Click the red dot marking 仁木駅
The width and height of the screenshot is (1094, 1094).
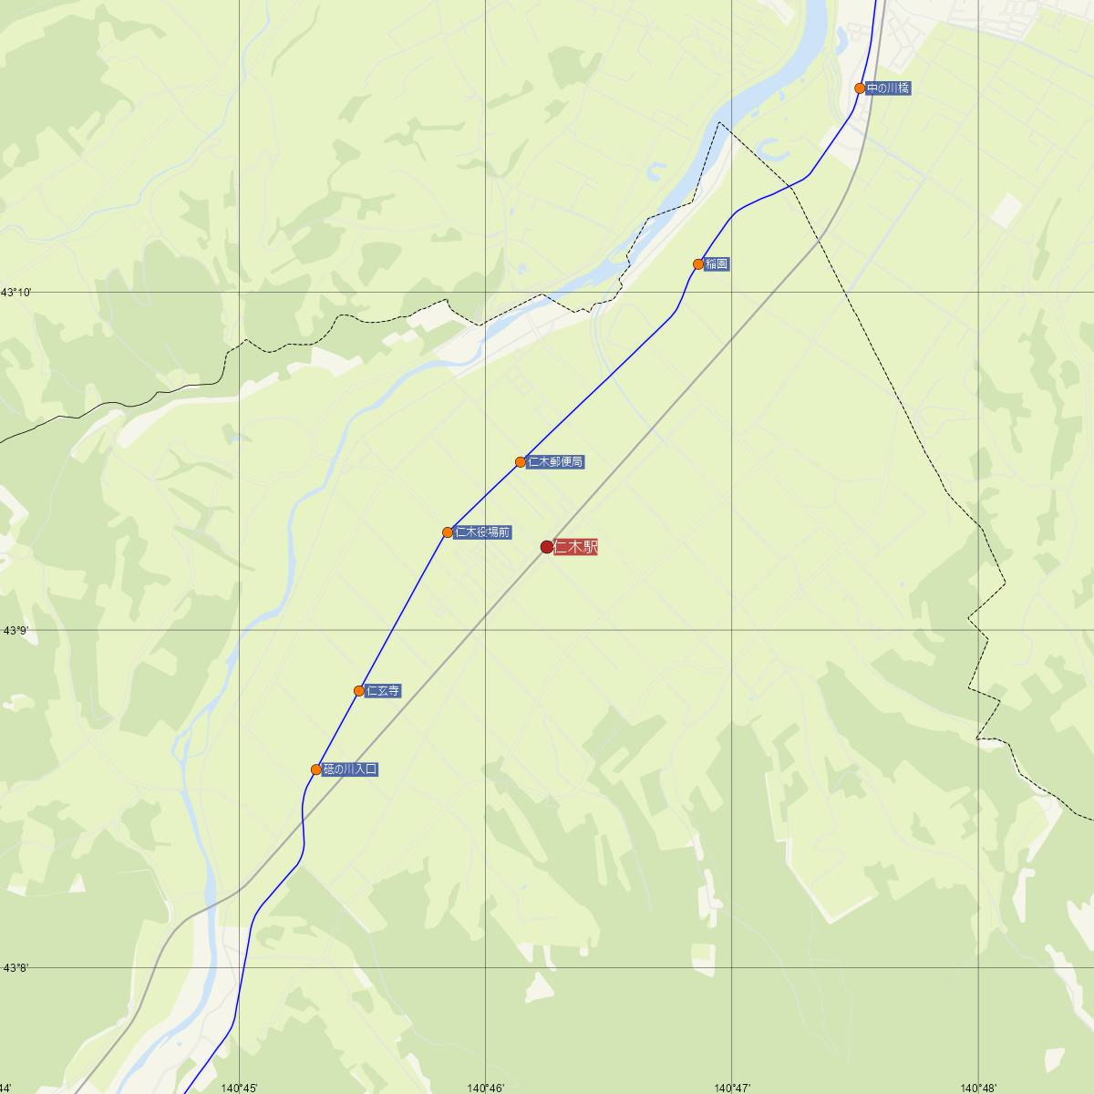pos(547,547)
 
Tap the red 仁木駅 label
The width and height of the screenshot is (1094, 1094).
pos(575,547)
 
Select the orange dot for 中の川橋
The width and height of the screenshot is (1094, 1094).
pos(860,88)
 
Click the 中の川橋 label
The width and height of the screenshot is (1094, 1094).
pos(888,88)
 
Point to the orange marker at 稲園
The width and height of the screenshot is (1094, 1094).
pos(698,264)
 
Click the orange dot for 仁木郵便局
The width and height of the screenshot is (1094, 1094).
pos(521,462)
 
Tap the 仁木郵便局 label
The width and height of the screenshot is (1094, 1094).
pos(555,462)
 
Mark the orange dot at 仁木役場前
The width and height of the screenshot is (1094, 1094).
pos(448,532)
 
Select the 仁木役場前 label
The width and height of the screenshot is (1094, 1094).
pos(482,532)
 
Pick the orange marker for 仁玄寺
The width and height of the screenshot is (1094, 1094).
pos(359,691)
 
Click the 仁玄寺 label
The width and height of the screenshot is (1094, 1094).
pos(383,691)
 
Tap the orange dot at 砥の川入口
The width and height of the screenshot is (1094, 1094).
pos(316,769)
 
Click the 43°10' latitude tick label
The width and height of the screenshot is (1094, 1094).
pos(16,293)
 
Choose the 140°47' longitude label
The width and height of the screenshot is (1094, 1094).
pos(732,1087)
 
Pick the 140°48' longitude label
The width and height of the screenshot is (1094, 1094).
pos(978,1087)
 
